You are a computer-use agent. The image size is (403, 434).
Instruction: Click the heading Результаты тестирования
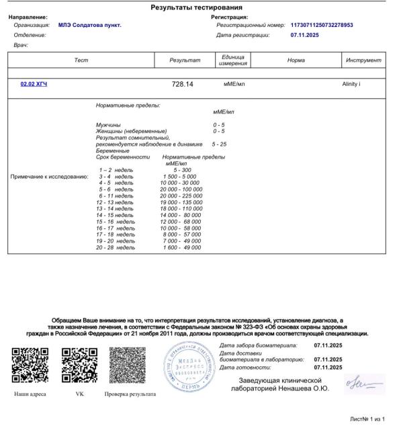click(x=201, y=7)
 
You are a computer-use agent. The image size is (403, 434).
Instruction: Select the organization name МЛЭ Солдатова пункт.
click(x=89, y=25)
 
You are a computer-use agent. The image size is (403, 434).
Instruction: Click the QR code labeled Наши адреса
click(x=31, y=365)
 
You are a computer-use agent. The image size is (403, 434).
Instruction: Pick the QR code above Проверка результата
click(x=128, y=365)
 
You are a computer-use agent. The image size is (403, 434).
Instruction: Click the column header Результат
click(x=186, y=60)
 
